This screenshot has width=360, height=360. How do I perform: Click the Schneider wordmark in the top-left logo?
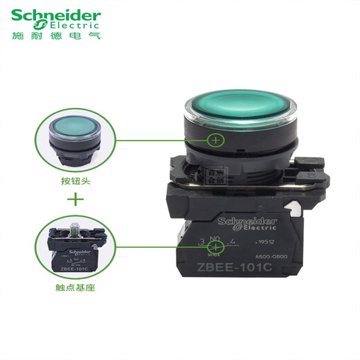click(55, 15)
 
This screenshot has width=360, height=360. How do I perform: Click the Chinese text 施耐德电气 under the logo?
click(55, 34)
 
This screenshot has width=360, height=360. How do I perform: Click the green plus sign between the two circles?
click(77, 201)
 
